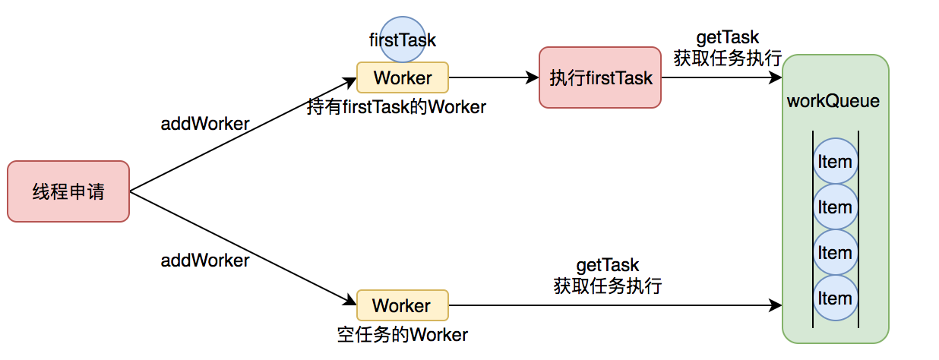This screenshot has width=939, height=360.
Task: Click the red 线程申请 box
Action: [68, 191]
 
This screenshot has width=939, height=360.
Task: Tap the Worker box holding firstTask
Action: [403, 77]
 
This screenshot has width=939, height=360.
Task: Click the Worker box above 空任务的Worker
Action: [403, 305]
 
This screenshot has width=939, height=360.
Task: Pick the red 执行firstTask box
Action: [600, 77]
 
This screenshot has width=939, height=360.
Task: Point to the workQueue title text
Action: [834, 101]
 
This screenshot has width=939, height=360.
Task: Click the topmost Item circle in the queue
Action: [835, 162]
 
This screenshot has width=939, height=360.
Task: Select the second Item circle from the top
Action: [835, 207]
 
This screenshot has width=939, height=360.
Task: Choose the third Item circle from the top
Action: [835, 253]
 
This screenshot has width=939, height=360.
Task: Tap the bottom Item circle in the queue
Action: [835, 298]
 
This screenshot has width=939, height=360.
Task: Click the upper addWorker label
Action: [205, 124]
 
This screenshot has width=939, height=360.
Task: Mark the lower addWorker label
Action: [205, 261]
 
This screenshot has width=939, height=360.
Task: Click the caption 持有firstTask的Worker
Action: [397, 107]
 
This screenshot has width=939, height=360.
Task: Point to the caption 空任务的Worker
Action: [403, 334]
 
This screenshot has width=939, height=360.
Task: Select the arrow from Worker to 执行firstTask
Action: [494, 77]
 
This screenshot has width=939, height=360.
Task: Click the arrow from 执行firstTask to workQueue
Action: [722, 77]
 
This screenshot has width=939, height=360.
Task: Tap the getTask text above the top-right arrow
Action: [727, 38]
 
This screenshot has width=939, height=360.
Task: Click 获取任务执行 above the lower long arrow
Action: [608, 286]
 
